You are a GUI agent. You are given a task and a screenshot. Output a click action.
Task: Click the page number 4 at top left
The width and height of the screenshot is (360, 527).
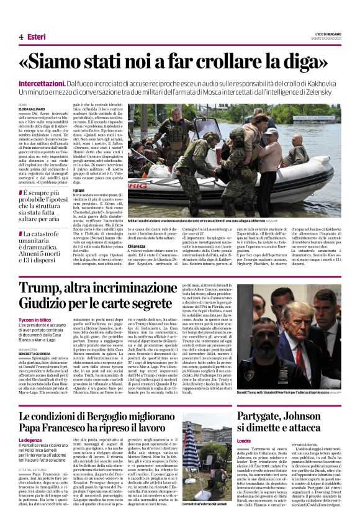pyautogui.click(x=20, y=37)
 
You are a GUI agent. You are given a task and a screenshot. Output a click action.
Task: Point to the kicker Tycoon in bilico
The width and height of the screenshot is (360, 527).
pyautogui.click(x=36, y=319)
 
